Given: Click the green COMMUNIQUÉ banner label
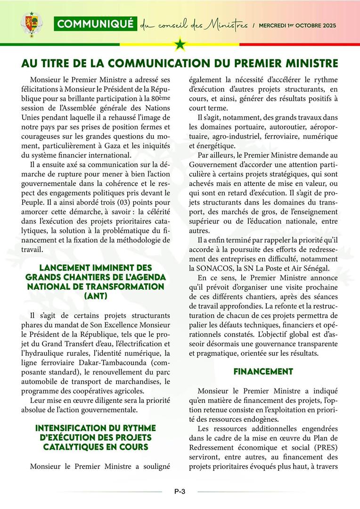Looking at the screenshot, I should tap(95, 24).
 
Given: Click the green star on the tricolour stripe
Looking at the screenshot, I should tap(180, 45).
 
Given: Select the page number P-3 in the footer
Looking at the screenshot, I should tap(180, 492).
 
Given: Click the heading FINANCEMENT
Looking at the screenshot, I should tap(263, 371).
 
